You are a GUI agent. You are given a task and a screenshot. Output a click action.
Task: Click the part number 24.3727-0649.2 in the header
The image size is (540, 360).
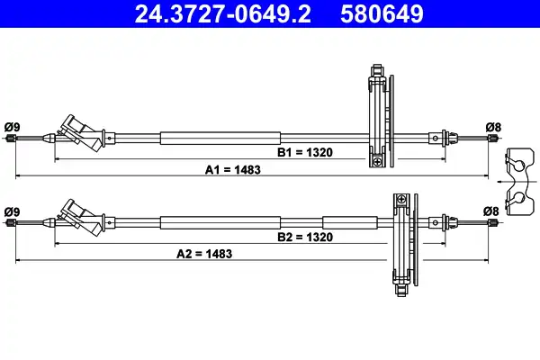click(x=222, y=13)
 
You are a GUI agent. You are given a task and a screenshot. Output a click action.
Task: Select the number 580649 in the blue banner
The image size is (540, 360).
click(x=382, y=13)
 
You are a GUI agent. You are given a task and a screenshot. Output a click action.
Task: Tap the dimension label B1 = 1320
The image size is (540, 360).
click(x=305, y=152)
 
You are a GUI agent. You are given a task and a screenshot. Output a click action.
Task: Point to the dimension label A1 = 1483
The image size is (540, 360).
click(x=233, y=170)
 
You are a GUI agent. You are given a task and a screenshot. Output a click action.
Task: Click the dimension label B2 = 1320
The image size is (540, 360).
click(x=305, y=237)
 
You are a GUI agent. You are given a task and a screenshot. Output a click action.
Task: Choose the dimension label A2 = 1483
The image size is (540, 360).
click(x=204, y=254)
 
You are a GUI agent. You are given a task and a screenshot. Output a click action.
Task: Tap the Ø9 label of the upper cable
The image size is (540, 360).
click(x=12, y=127)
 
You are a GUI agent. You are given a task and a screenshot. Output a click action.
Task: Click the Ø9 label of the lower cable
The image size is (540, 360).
click(x=12, y=211)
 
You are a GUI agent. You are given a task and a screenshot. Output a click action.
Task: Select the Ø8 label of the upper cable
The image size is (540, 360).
click(x=493, y=127)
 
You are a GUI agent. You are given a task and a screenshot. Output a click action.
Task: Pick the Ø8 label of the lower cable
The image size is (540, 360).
click(x=490, y=211)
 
